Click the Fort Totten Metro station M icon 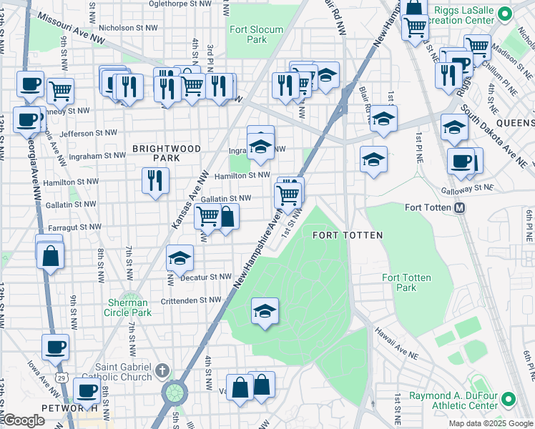tap(460, 208)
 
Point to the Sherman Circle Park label tap(128, 307)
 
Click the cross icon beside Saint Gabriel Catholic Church tap(162, 370)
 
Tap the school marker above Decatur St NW tap(180, 258)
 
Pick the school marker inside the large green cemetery tap(265, 312)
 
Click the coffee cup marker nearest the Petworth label tap(87, 391)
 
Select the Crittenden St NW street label tap(195, 300)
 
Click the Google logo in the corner tap(24, 421)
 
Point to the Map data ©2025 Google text tap(489, 423)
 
